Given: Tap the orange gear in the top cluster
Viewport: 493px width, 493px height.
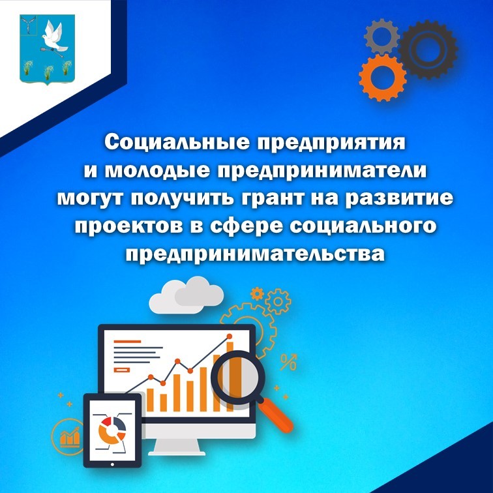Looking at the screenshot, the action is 383,78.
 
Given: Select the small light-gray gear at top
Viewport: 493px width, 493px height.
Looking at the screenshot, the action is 381,36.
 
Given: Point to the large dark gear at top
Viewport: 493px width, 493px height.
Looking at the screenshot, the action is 428,50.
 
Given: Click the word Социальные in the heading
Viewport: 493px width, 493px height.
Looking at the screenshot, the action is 177,143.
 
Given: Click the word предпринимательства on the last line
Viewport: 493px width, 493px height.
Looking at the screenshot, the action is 255,254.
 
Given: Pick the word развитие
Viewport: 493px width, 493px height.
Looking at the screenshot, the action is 399,199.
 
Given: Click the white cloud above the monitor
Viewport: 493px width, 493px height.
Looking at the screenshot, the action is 186,295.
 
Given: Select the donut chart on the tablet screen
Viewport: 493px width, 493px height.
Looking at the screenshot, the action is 112,430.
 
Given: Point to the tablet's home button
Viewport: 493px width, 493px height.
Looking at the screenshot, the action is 112,464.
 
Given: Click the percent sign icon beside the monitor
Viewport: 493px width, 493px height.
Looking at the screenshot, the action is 288,362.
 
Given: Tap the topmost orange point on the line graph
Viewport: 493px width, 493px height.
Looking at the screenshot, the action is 229,336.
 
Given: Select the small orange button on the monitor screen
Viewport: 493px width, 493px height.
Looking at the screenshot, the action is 122,370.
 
